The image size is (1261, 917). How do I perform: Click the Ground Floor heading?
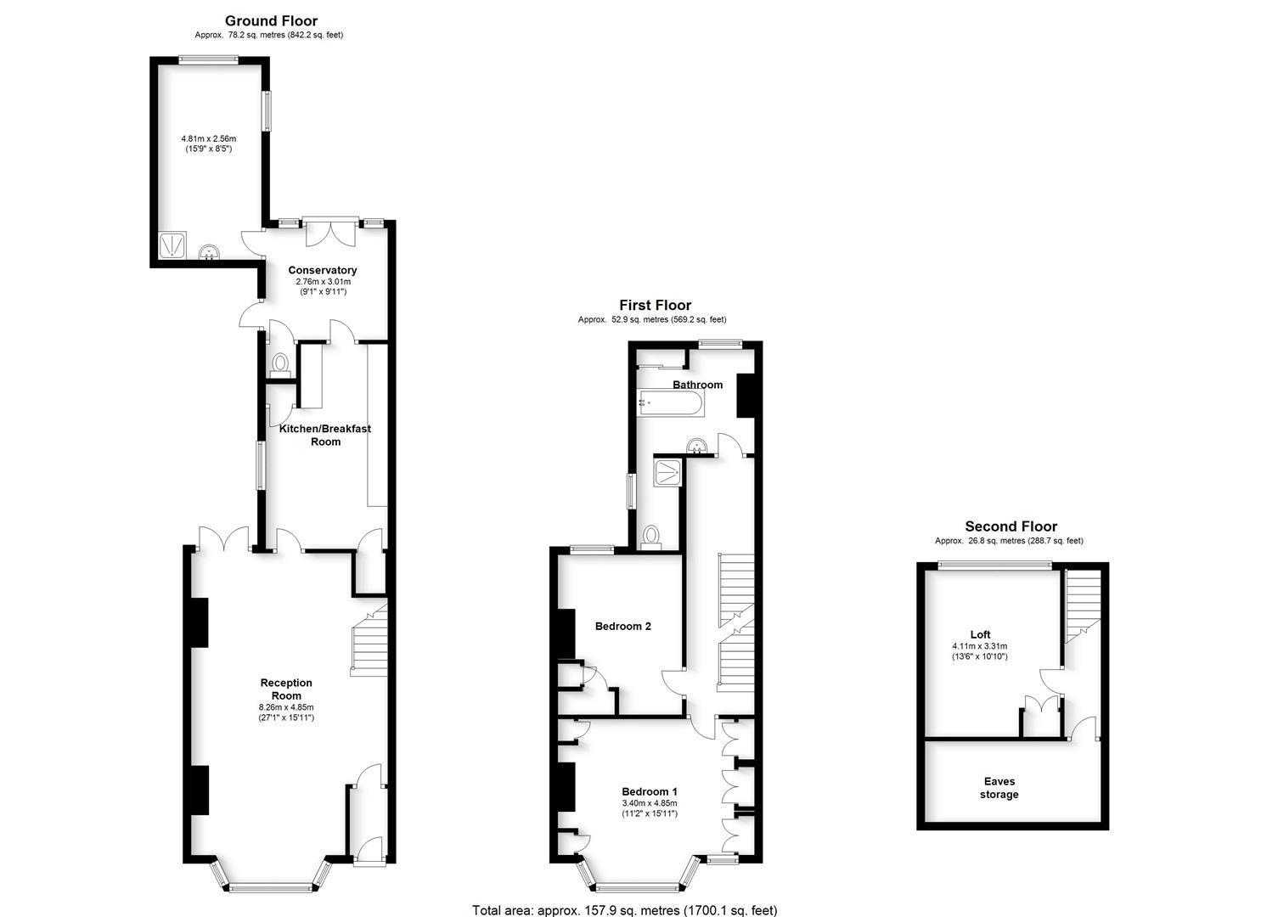tap(271, 21)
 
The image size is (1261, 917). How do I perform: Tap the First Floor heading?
tap(655, 305)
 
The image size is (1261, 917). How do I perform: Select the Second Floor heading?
tap(1010, 526)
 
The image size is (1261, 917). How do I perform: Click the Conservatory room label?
tap(323, 270)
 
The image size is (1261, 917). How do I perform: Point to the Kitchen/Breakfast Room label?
tap(325, 435)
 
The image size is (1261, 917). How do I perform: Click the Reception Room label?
tap(286, 689)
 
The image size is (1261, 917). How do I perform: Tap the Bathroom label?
tap(697, 385)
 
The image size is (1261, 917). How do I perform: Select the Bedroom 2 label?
tap(622, 627)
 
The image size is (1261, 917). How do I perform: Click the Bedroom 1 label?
tap(649, 791)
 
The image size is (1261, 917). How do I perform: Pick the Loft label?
tap(980, 634)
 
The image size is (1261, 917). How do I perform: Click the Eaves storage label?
tap(999, 788)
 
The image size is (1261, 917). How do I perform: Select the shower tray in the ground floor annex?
tap(172, 245)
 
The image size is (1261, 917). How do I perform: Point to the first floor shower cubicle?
tap(667, 472)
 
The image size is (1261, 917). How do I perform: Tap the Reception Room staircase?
tap(370, 643)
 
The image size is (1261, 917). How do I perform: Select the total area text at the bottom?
tap(624, 910)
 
